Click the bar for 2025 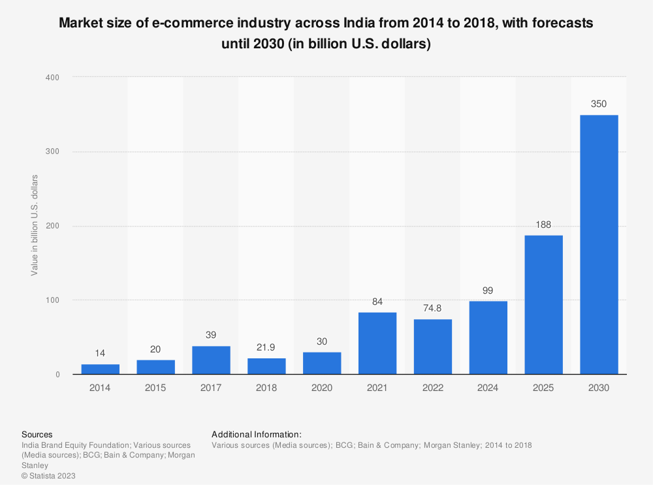tap(543, 305)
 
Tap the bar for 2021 tap(377, 343)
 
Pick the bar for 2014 tap(100, 369)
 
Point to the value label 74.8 tap(433, 308)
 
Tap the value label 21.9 tap(266, 347)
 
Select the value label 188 tap(543, 225)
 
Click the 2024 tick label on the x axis tap(488, 388)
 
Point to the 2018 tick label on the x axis tap(266, 388)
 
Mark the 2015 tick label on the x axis tap(155, 388)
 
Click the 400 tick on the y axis tap(53, 78)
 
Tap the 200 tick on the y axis tap(53, 226)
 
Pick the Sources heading tap(37, 434)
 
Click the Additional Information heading tap(257, 434)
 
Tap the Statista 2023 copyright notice tap(48, 476)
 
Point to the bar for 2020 tap(322, 364)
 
